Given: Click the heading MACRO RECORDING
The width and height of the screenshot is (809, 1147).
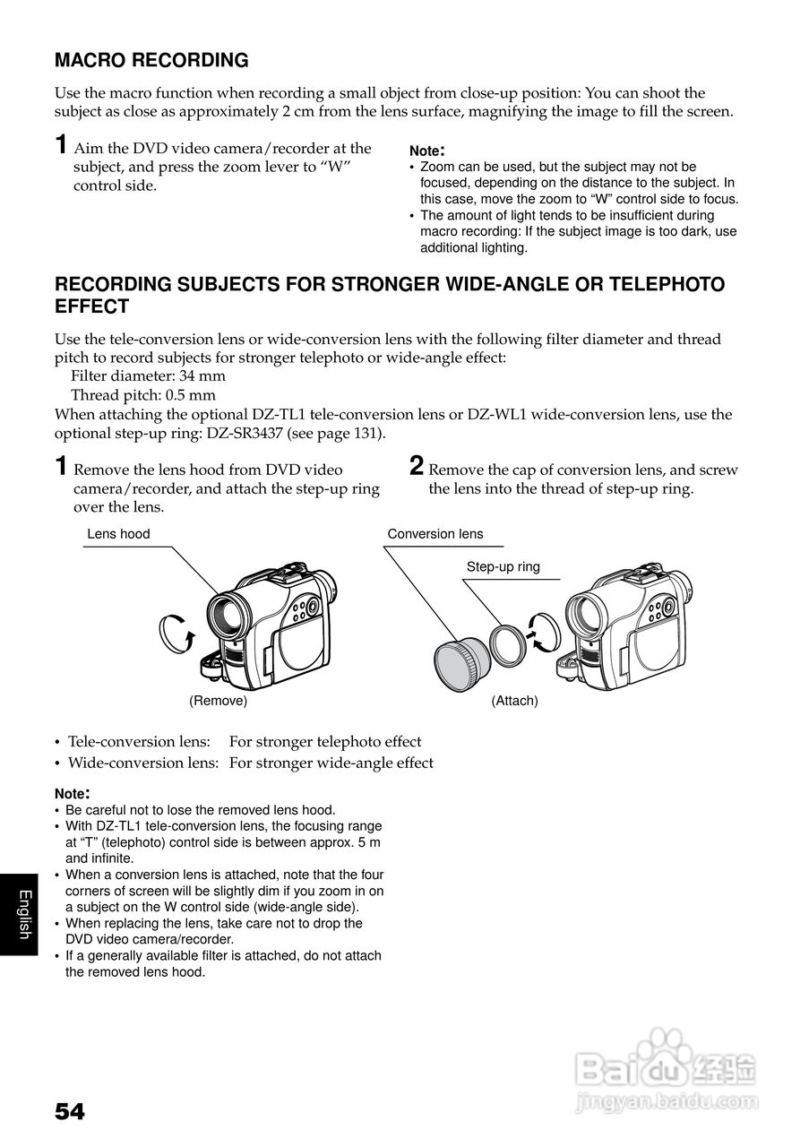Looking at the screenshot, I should coord(151,61).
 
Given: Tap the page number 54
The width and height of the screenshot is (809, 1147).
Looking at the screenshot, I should coord(69,1112).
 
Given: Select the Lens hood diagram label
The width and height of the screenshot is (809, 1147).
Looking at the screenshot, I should coord(118,534).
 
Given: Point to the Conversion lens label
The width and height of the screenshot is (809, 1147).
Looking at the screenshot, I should coord(435,534).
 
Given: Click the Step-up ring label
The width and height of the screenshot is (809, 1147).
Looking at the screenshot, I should coord(503,566).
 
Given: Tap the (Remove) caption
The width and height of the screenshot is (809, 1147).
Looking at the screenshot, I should coord(218,701).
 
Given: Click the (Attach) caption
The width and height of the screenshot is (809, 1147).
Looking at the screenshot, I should coord(514,701).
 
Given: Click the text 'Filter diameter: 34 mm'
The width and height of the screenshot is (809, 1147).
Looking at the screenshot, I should coord(148,376).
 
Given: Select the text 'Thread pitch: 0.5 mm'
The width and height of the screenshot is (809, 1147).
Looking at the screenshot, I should coord(143,395).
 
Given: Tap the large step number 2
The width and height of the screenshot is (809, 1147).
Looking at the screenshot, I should coord(417,466).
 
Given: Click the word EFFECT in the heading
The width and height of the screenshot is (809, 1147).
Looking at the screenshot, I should coord(92,306).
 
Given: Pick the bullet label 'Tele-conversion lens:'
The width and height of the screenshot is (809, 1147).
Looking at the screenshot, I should coord(139,742).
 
